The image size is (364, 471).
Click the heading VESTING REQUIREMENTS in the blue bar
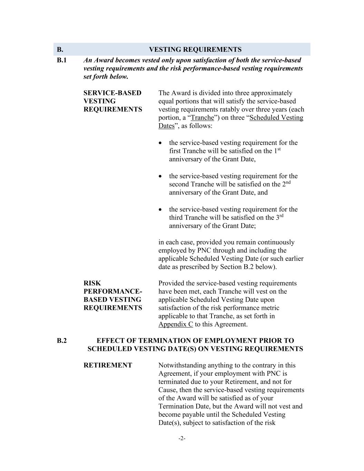tap(195, 49)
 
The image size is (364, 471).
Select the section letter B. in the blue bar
tap(60, 49)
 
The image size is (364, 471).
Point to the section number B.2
tap(62, 341)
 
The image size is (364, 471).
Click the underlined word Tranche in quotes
tap(203, 118)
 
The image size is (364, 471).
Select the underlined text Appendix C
tap(176, 324)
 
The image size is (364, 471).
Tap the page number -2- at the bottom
tap(182, 439)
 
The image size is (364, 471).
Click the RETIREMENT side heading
tap(108, 365)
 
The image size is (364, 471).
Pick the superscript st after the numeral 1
tap(279, 149)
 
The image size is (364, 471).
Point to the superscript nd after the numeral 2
tap(288, 182)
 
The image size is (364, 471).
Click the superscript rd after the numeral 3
tap(281, 216)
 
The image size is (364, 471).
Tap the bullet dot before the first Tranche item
tap(160, 143)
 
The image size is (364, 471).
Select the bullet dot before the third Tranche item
tap(160, 209)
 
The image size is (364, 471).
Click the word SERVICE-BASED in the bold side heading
tap(112, 93)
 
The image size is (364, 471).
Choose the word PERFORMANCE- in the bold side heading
tap(112, 292)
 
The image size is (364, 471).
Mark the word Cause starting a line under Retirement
tap(167, 390)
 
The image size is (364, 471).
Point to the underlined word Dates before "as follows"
tap(166, 126)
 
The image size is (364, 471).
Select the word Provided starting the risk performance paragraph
tap(171, 283)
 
